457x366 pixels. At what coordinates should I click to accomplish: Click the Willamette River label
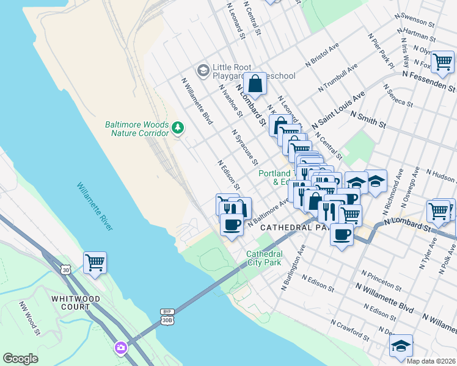coord(95,206)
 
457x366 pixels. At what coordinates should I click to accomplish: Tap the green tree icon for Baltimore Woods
coord(178,128)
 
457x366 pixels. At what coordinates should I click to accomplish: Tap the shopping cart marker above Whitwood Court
coord(95,263)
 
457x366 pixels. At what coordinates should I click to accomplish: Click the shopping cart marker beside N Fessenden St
coord(442,62)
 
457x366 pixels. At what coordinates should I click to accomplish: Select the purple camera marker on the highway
coord(121,348)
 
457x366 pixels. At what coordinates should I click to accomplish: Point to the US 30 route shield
coord(65,269)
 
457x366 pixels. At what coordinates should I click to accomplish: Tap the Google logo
coord(20,359)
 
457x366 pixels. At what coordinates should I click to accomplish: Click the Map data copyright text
coord(431,361)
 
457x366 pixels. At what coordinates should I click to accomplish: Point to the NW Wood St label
coord(29,319)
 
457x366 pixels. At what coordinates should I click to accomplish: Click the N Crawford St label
coord(350,330)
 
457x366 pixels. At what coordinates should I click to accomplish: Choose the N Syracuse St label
coord(245,147)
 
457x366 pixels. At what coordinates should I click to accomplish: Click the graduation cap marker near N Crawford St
coord(401,345)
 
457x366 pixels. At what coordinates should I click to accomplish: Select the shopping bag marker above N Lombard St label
coord(255,83)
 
